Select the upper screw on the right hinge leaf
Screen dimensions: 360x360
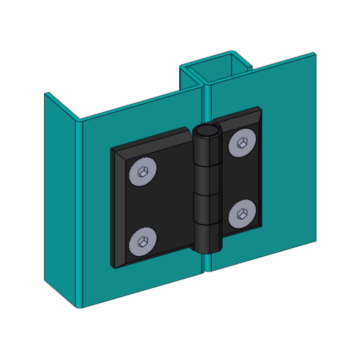pos(242,143)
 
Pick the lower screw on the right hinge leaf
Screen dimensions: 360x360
pos(242,214)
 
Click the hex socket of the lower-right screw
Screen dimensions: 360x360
pos(241,214)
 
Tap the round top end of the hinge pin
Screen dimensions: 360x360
pos(206,131)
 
